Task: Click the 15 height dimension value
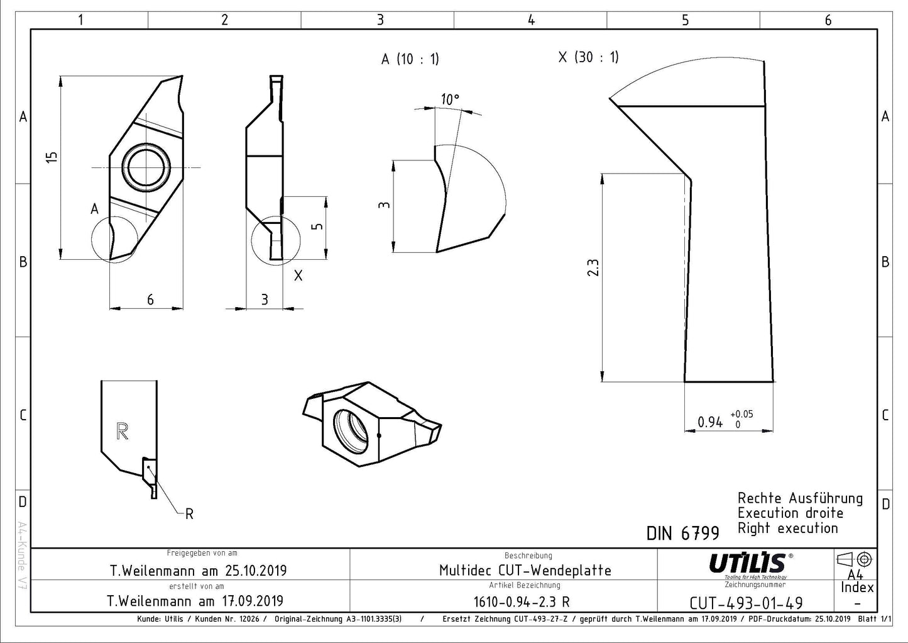point(53,157)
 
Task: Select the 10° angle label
point(450,99)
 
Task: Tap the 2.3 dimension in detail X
point(593,267)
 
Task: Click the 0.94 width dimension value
point(710,422)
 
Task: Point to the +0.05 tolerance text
point(741,414)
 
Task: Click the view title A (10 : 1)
point(410,59)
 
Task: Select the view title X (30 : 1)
point(588,57)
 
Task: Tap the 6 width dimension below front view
point(150,299)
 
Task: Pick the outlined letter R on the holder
point(123,431)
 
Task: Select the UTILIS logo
point(747,562)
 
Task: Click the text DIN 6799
point(682,534)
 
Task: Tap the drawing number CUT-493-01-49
point(746,603)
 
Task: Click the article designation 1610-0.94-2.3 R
point(522,601)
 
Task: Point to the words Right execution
point(787,528)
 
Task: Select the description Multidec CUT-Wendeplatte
point(525,571)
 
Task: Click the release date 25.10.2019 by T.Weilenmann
point(198,571)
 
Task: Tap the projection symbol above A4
point(854,559)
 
